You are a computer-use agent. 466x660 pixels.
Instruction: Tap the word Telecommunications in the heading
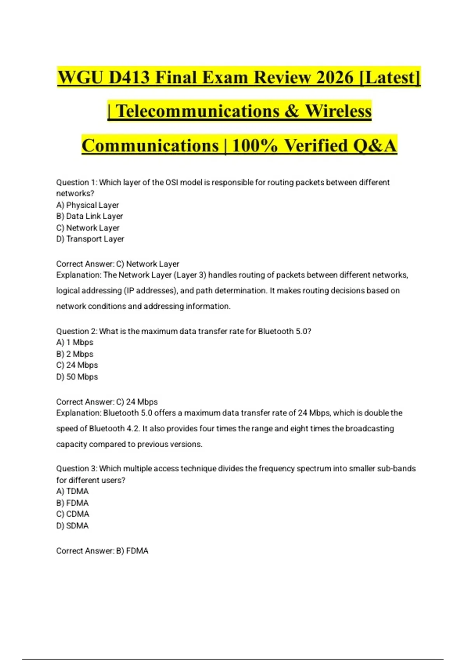197,111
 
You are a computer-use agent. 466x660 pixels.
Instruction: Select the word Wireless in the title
338,111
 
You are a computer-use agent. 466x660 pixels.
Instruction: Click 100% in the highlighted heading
255,146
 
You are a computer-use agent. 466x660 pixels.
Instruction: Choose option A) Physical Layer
87,205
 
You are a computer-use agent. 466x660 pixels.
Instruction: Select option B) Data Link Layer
89,216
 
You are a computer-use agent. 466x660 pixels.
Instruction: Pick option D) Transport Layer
90,239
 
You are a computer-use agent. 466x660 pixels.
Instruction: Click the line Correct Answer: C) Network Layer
118,264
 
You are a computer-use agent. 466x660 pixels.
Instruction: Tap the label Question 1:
77,182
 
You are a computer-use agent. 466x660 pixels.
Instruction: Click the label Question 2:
77,331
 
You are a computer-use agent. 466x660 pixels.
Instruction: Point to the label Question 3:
77,469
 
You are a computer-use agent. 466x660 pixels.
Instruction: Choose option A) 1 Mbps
75,342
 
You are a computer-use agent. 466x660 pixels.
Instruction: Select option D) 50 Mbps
77,377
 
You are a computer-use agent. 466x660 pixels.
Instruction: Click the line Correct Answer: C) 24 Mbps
107,402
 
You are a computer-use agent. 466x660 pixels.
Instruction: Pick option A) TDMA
72,491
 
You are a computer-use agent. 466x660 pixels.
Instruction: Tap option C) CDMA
73,514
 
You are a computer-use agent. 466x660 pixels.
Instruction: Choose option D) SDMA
72,526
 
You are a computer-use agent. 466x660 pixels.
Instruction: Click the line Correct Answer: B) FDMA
102,551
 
